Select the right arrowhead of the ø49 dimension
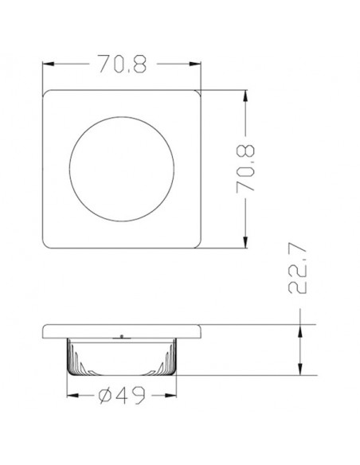click(174, 394)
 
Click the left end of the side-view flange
click(45, 331)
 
